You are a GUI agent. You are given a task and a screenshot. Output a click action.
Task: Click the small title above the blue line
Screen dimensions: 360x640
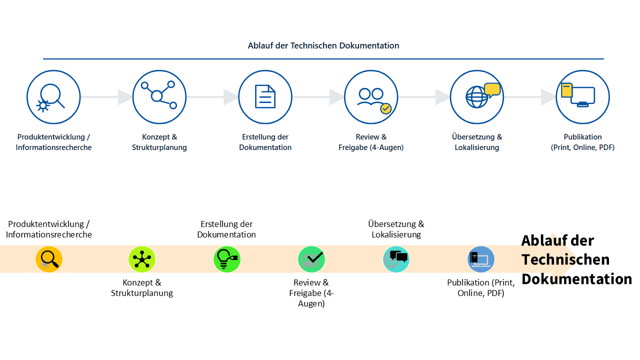point(323,45)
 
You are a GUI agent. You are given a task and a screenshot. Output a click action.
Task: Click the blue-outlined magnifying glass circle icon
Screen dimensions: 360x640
point(53,97)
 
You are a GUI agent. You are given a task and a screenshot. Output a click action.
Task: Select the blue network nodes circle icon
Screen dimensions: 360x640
point(159,97)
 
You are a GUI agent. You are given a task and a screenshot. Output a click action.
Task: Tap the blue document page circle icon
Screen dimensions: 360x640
point(265,97)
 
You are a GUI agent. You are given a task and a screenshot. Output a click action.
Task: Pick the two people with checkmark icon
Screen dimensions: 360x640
point(371,97)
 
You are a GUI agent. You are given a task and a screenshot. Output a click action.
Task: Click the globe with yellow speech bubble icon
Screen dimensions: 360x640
point(476,97)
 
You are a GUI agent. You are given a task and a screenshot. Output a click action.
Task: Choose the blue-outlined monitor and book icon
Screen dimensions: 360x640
point(582,97)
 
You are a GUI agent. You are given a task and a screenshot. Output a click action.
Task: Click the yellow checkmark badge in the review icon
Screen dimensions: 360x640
point(385,108)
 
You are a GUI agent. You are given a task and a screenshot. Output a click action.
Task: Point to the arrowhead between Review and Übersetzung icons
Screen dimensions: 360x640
point(442,97)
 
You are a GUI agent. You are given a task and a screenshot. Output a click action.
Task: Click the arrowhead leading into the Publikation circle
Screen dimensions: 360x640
point(548,97)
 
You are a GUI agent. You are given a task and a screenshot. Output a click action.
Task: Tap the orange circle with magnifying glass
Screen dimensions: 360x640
point(49,259)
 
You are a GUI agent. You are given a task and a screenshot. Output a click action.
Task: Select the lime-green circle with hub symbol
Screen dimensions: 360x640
point(142,259)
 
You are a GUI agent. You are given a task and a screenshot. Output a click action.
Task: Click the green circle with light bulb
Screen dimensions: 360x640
point(227,259)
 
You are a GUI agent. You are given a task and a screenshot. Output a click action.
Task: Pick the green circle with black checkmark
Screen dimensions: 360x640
point(311,259)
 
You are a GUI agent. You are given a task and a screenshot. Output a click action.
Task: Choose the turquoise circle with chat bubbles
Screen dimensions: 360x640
point(396,259)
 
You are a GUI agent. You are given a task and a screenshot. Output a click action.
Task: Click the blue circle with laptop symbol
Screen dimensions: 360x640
point(480,259)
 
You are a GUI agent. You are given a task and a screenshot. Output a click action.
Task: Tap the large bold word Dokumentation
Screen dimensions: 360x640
point(576,278)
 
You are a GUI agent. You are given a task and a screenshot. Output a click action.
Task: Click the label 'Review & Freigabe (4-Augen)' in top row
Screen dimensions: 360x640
point(371,142)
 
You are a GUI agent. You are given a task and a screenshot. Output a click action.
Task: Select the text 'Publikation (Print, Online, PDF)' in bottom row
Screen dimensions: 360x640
point(480,288)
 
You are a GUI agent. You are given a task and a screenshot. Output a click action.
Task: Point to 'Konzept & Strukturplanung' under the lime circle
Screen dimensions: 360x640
point(142,288)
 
